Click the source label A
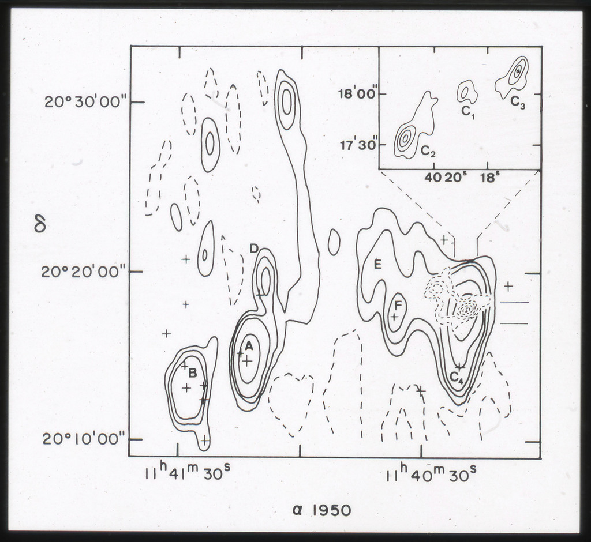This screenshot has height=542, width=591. pos(248,345)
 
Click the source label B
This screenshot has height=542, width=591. pos(192,373)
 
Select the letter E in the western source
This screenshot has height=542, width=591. pos(377,265)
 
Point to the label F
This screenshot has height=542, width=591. pos(398,304)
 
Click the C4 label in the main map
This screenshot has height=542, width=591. pos(457,377)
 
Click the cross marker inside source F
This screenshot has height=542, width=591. pos(394,317)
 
